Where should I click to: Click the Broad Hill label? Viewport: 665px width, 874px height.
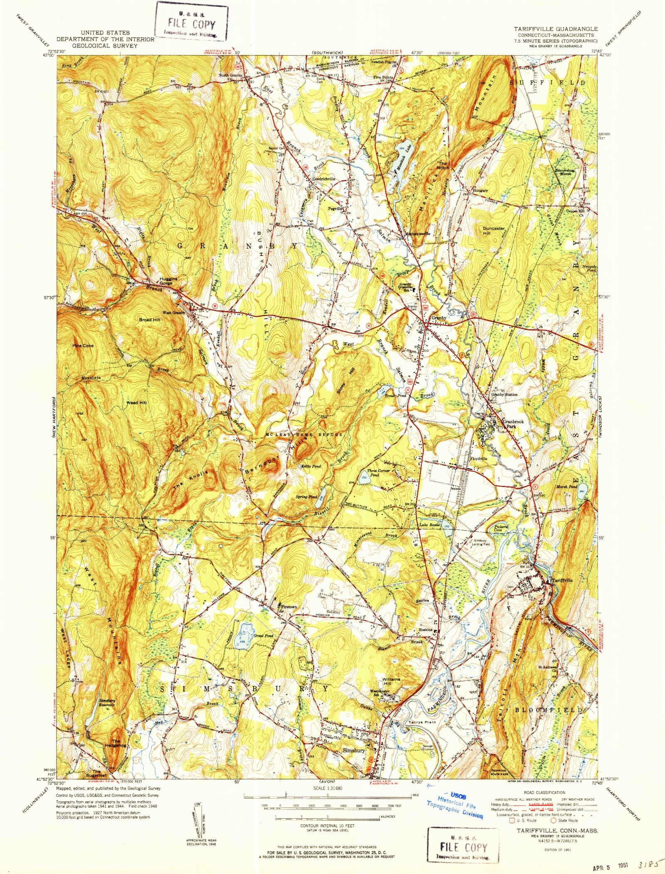click(x=150, y=320)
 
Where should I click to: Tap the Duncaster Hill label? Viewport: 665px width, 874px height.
click(x=494, y=231)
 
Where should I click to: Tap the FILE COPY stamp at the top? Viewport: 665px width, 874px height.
click(x=192, y=22)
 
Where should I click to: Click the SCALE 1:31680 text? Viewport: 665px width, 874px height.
click(x=328, y=788)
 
